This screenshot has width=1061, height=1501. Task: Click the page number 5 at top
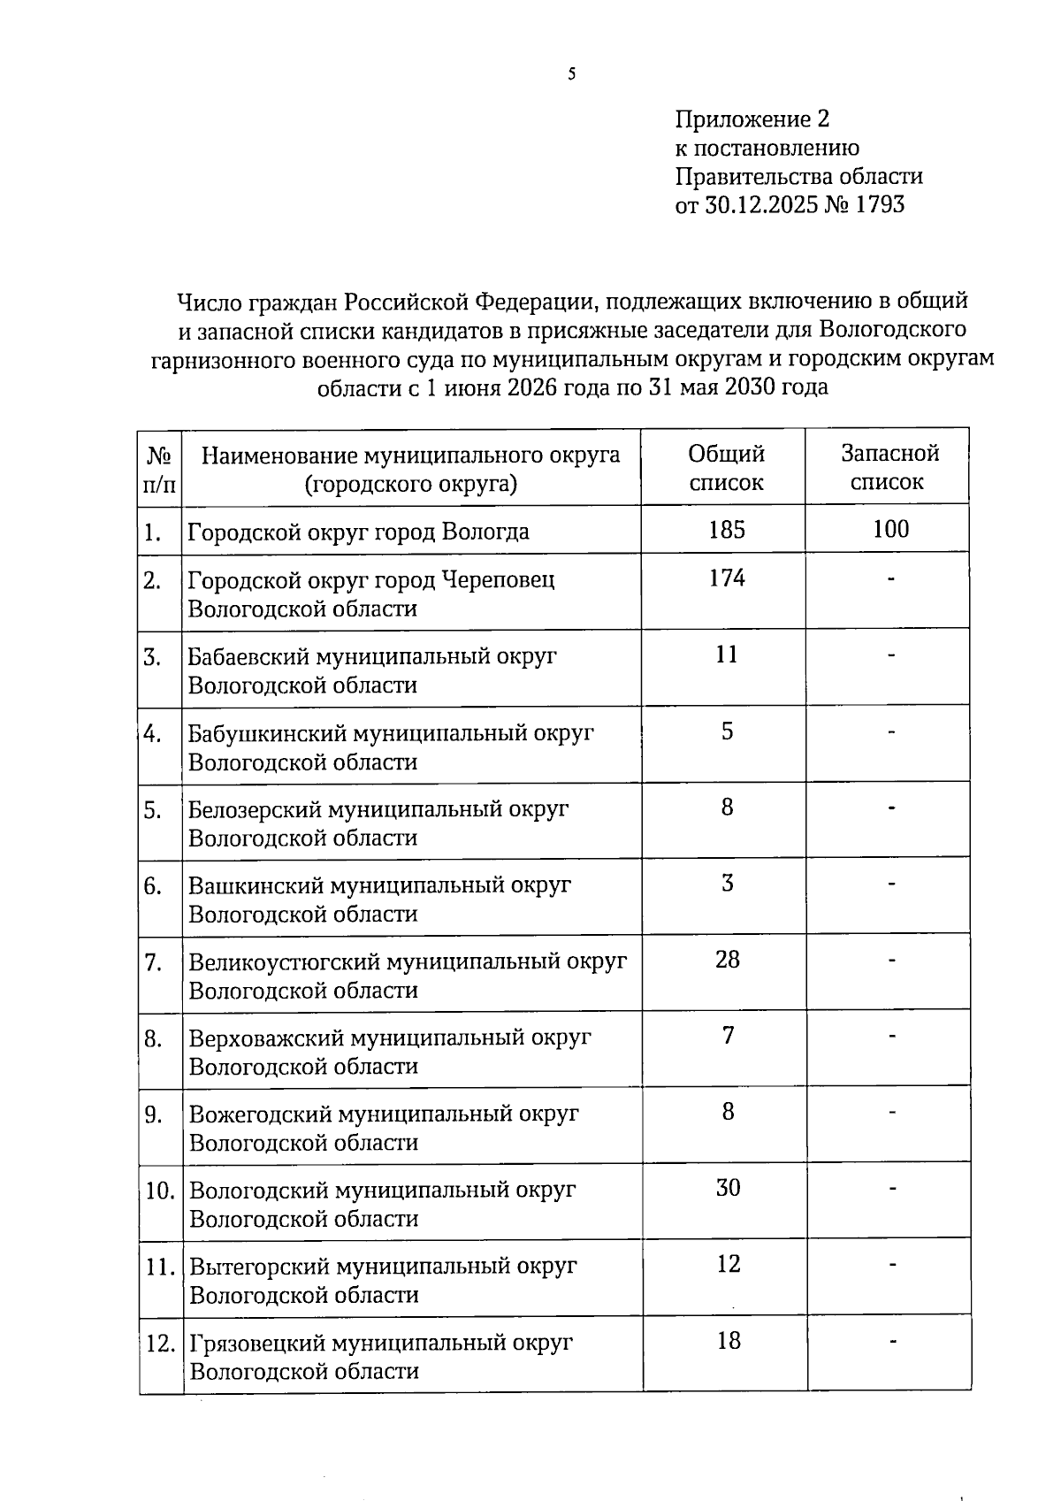point(572,74)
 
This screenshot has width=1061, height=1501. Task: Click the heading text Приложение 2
point(752,119)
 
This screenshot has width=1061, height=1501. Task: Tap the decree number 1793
point(880,205)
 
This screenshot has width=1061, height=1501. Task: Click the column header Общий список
point(726,468)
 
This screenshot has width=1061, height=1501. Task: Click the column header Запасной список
point(889,468)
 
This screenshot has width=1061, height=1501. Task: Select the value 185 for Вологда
point(727,530)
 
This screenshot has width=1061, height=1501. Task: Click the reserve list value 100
point(890,529)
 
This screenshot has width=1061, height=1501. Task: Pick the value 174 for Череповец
point(727,578)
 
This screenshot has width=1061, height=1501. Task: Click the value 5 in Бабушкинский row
point(727,731)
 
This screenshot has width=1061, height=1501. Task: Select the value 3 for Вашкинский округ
point(727,884)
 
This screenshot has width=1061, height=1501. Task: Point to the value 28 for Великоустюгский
point(727,960)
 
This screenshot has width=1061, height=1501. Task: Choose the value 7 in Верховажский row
point(728,1036)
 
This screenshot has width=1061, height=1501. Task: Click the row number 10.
point(160,1191)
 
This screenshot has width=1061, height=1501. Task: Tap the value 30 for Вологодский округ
point(728,1188)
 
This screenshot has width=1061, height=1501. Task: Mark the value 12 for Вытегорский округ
point(728,1264)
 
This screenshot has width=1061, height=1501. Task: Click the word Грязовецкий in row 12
point(256,1343)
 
